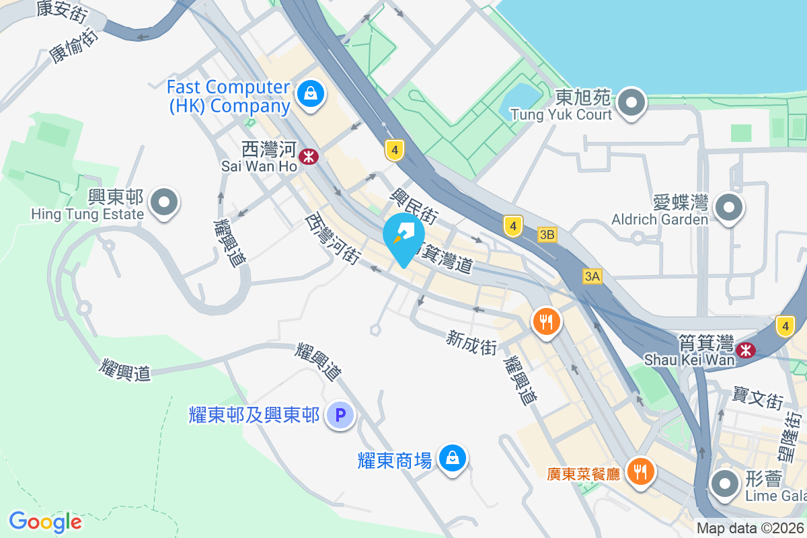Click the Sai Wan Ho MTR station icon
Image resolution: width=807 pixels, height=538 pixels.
(x=309, y=157)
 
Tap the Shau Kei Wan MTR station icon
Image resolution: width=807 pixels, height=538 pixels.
(x=744, y=350)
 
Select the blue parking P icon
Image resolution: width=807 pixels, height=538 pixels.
(x=340, y=416)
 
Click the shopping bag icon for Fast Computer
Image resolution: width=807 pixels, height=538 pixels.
(x=311, y=93)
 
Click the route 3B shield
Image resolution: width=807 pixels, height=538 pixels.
(x=547, y=235)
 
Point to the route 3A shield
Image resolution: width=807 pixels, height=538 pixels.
(x=592, y=276)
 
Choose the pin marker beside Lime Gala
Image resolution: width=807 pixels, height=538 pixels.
(x=725, y=484)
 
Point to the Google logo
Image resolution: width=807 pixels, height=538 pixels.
(x=45, y=522)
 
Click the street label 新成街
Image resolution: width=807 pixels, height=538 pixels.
(x=471, y=343)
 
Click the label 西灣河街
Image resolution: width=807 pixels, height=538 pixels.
(x=333, y=237)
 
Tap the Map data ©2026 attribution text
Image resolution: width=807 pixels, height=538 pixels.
(x=751, y=529)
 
